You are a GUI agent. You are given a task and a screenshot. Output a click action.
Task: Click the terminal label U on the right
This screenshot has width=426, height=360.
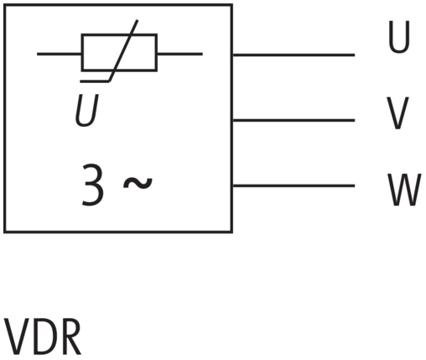(x=399, y=37)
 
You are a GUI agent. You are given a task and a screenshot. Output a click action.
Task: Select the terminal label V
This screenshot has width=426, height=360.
(x=397, y=113)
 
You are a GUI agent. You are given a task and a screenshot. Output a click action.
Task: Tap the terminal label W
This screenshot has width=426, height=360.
(x=404, y=190)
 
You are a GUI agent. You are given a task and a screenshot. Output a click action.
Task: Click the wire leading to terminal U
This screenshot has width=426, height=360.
(x=294, y=55)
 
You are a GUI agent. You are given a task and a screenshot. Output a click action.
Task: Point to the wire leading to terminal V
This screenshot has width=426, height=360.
(x=294, y=121)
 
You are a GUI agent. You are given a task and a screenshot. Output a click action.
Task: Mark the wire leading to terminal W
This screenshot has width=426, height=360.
(x=294, y=185)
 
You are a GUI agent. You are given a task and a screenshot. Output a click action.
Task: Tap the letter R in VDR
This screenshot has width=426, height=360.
(x=70, y=337)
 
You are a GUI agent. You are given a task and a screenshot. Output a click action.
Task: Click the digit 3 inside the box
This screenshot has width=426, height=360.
(x=93, y=185)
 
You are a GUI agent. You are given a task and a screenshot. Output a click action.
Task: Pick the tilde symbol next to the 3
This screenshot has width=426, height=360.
(x=138, y=183)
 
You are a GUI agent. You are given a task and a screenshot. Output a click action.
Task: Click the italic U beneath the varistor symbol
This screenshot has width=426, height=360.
(x=87, y=110)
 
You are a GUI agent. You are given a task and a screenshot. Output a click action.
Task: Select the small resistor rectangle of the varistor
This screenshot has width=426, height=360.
(x=119, y=53)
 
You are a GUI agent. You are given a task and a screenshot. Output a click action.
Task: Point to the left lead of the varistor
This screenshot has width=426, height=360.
(x=60, y=54)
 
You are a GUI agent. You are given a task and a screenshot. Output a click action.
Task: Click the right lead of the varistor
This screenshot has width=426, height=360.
(x=179, y=54)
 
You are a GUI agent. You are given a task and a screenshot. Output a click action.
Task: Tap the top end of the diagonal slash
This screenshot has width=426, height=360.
(x=138, y=20)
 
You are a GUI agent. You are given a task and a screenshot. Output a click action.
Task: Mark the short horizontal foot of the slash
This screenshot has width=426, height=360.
(x=95, y=81)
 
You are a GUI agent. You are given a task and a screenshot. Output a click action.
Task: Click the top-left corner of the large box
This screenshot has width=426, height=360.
(x=5, y=5)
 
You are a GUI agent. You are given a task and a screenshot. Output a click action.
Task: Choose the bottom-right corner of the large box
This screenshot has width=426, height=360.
(x=231, y=232)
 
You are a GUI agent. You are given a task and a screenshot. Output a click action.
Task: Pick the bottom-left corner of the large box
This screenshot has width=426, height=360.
(x=5, y=232)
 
